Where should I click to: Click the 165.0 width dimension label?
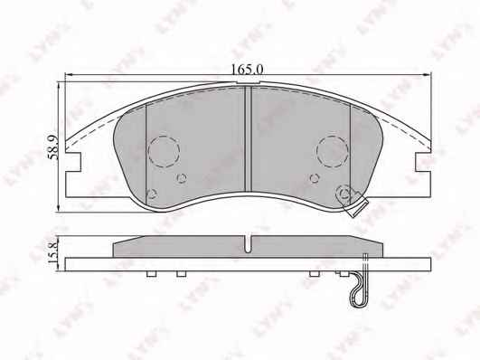click(247, 70)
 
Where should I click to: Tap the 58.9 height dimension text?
click(53, 147)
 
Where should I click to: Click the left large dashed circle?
click(164, 151)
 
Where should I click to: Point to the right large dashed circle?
click(333, 151)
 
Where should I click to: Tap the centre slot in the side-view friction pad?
click(249, 244)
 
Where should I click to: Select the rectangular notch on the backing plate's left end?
click(73, 162)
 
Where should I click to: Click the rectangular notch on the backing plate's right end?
click(423, 162)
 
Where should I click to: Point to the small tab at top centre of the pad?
click(249, 82)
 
